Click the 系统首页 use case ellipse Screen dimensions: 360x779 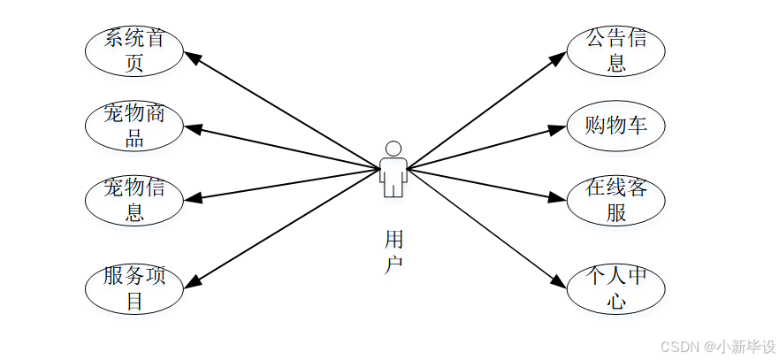click(x=134, y=51)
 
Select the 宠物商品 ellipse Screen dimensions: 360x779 click(x=134, y=126)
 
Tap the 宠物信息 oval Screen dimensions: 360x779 click(x=134, y=199)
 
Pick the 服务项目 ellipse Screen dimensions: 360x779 click(x=134, y=288)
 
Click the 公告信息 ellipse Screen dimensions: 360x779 click(x=616, y=50)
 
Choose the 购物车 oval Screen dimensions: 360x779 click(x=616, y=126)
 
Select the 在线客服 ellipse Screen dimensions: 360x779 click(x=616, y=200)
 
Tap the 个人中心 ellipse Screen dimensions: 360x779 click(x=616, y=288)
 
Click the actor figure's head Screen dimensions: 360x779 click(x=393, y=149)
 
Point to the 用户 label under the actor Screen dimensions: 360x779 click(x=394, y=251)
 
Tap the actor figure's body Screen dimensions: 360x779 click(x=393, y=174)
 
